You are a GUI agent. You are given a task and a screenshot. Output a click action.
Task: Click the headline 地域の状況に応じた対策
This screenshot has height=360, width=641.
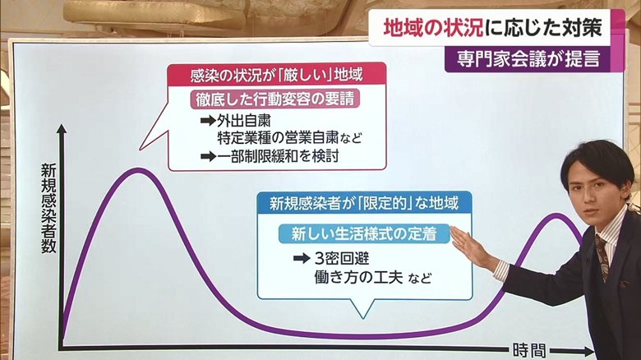492,28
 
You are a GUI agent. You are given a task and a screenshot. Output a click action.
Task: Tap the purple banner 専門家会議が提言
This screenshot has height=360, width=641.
528,59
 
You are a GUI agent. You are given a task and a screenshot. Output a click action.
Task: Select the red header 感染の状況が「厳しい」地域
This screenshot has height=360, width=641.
277,75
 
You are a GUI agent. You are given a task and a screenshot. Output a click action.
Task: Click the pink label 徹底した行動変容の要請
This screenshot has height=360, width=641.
274,99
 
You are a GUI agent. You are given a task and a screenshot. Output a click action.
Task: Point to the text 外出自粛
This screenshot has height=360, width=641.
243,121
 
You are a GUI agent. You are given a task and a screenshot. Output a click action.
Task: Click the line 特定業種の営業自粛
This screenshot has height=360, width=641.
278,138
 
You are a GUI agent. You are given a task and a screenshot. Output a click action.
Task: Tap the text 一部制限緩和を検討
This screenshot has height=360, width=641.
278,156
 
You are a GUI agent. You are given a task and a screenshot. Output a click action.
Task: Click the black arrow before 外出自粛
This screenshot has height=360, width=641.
208,121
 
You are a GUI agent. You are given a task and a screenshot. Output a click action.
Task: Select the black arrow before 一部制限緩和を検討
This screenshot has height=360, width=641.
208,156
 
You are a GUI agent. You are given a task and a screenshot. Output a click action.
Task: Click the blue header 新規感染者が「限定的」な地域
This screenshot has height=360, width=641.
364,203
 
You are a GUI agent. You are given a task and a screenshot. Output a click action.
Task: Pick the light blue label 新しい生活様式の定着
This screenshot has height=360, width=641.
364,233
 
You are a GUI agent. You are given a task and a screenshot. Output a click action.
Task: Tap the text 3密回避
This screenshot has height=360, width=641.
342,258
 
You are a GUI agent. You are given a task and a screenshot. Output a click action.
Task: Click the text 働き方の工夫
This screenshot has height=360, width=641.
358,277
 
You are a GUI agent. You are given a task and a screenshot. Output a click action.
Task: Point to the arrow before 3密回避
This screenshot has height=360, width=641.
302,258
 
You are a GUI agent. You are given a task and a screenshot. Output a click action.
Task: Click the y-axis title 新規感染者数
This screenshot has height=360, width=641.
48,209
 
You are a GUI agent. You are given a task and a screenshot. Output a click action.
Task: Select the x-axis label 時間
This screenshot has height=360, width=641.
529,351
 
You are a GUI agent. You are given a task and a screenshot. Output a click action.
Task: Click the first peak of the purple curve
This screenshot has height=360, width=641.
138,171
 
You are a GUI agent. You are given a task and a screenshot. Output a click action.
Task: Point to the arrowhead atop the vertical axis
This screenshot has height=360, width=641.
62,128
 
